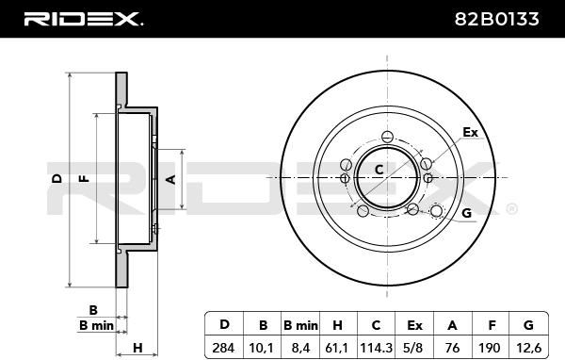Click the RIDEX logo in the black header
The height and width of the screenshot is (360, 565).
pyautogui.click(x=83, y=19)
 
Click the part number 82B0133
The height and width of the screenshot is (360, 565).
pyautogui.click(x=496, y=19)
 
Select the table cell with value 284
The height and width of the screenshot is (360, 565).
pyautogui.click(x=223, y=348)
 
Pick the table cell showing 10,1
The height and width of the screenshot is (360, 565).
pyautogui.click(x=261, y=348)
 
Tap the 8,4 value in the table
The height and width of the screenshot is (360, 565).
pyautogui.click(x=299, y=348)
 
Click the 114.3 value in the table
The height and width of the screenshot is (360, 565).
pyautogui.click(x=376, y=348)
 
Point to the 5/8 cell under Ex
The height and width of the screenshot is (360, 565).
pyautogui.click(x=413, y=348)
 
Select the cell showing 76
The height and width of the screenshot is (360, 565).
pyautogui.click(x=452, y=348)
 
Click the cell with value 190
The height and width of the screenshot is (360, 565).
pyautogui.click(x=490, y=348)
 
